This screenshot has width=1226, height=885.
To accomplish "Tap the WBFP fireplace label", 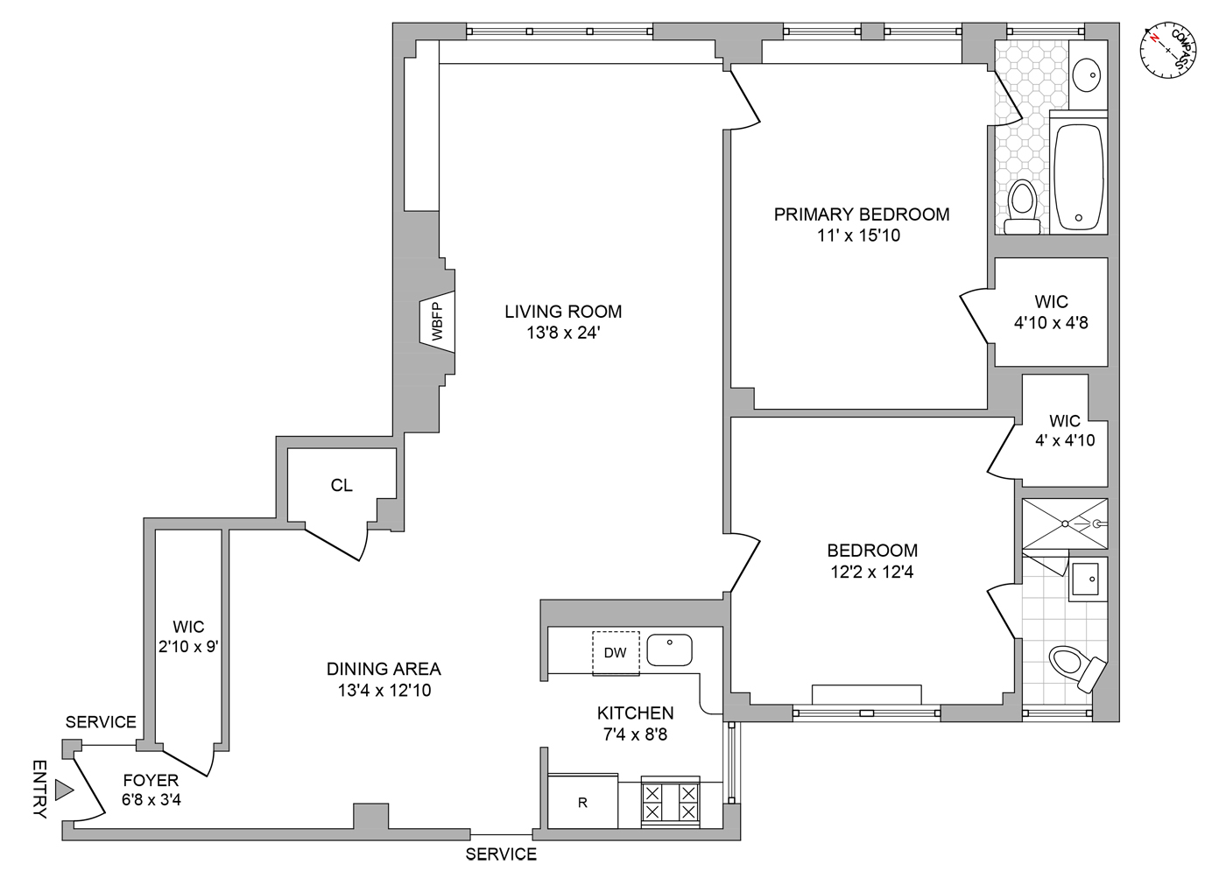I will (x=438, y=320).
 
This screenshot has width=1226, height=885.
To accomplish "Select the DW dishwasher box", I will (x=616, y=652).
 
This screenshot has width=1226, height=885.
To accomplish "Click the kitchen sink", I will (x=669, y=650).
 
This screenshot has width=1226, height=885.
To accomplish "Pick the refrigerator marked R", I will (x=582, y=801).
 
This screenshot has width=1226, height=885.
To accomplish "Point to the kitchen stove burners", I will (x=670, y=802).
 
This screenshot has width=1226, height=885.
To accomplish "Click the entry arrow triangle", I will (x=62, y=790).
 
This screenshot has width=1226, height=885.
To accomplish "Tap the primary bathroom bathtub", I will (x=1079, y=178).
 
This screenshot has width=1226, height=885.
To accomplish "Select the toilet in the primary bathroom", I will (x=1022, y=207).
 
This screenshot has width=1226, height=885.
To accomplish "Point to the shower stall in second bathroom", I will (x=1064, y=524).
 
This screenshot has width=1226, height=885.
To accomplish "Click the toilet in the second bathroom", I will (x=1077, y=666).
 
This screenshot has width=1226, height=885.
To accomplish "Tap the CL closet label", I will (x=342, y=485).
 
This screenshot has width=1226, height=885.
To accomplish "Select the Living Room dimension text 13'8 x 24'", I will (x=563, y=333).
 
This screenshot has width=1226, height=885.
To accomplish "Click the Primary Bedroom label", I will (x=861, y=214).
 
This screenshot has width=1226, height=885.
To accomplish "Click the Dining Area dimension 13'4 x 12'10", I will (x=384, y=690).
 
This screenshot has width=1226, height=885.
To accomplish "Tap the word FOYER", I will (x=151, y=780).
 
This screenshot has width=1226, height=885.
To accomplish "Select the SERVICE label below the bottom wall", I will (x=501, y=854).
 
